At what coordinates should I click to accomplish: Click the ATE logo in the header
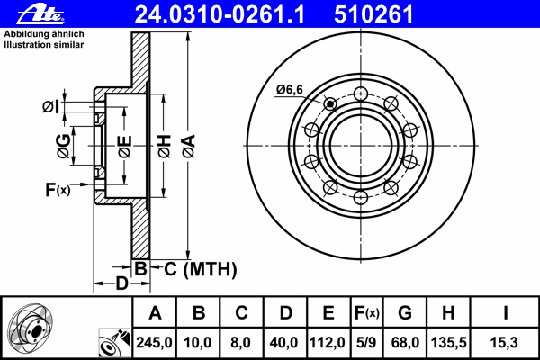pyautogui.click(x=41, y=14)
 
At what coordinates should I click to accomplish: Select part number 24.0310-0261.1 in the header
pyautogui.click(x=220, y=14)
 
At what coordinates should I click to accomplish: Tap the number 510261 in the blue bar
pyautogui.click(x=373, y=14)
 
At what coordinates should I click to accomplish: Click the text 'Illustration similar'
pyautogui.click(x=44, y=45)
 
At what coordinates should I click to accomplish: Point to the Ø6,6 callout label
pyautogui.click(x=289, y=90)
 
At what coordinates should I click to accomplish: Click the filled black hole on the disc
pyautogui.click(x=330, y=103)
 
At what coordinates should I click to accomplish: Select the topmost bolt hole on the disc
pyautogui.click(x=361, y=94)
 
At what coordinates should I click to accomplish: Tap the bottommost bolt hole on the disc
pyautogui.click(x=361, y=197)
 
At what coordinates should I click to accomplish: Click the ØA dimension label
pyautogui.click(x=189, y=146)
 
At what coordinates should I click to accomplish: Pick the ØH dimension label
pyautogui.click(x=165, y=146)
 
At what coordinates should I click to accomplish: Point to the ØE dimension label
pyautogui.click(x=125, y=147)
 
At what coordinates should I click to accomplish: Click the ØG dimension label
pyautogui.click(x=64, y=146)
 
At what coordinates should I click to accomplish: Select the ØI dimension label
pyautogui.click(x=50, y=107)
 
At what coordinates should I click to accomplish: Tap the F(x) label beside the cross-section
pyautogui.click(x=58, y=189)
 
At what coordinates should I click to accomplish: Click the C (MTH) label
pyautogui.click(x=201, y=269)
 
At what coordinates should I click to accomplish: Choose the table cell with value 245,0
pyautogui.click(x=154, y=342)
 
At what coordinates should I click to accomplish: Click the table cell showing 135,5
pyautogui.click(x=448, y=342)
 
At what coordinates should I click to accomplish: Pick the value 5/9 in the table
pyautogui.click(x=366, y=342)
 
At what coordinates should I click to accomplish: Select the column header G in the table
pyautogui.click(x=405, y=313)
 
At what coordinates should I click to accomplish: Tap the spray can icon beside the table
pyautogui.click(x=114, y=342)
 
